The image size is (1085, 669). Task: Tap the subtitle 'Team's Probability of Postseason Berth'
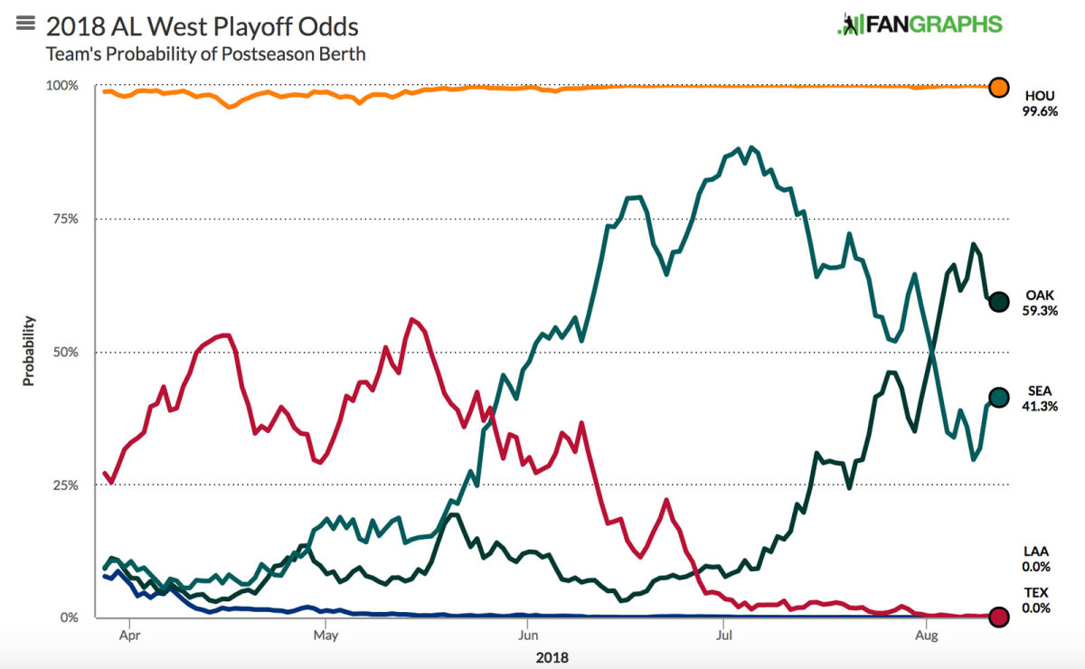205,54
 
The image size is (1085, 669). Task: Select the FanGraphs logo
920,24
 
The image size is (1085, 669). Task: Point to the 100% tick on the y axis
62,86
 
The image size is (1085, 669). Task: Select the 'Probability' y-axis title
28,351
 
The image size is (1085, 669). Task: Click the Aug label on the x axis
925,636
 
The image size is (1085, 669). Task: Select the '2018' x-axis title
552,657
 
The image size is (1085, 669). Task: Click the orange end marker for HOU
998,88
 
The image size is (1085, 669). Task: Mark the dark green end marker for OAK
998,302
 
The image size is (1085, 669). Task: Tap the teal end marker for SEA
998,398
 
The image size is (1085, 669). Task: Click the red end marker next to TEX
998,617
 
